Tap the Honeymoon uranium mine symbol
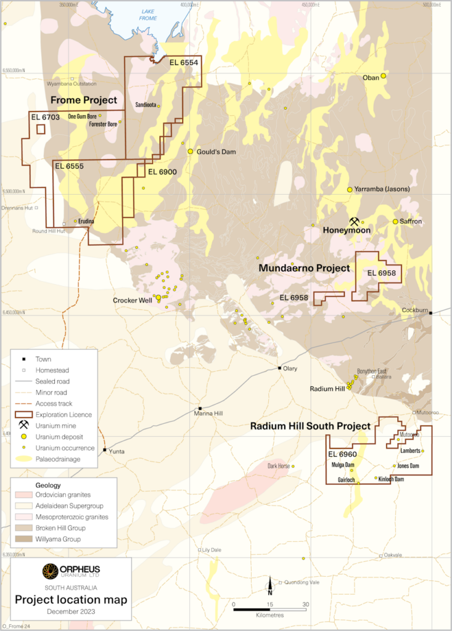pos(355,221)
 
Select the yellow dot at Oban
pos(384,76)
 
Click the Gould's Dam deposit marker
pos(191,151)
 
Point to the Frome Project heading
pos(84,100)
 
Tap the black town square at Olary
pos(279,368)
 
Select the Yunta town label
pos(116,452)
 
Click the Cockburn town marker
pos(430,313)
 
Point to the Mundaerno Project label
pos(304,268)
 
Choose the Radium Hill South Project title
pos(310,426)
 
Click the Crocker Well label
pos(133,301)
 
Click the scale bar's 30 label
pos(306,605)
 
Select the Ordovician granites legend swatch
pos(23,495)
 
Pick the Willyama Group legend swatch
pos(23,539)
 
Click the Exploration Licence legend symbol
pos(23,414)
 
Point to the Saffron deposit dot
pos(396,221)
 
